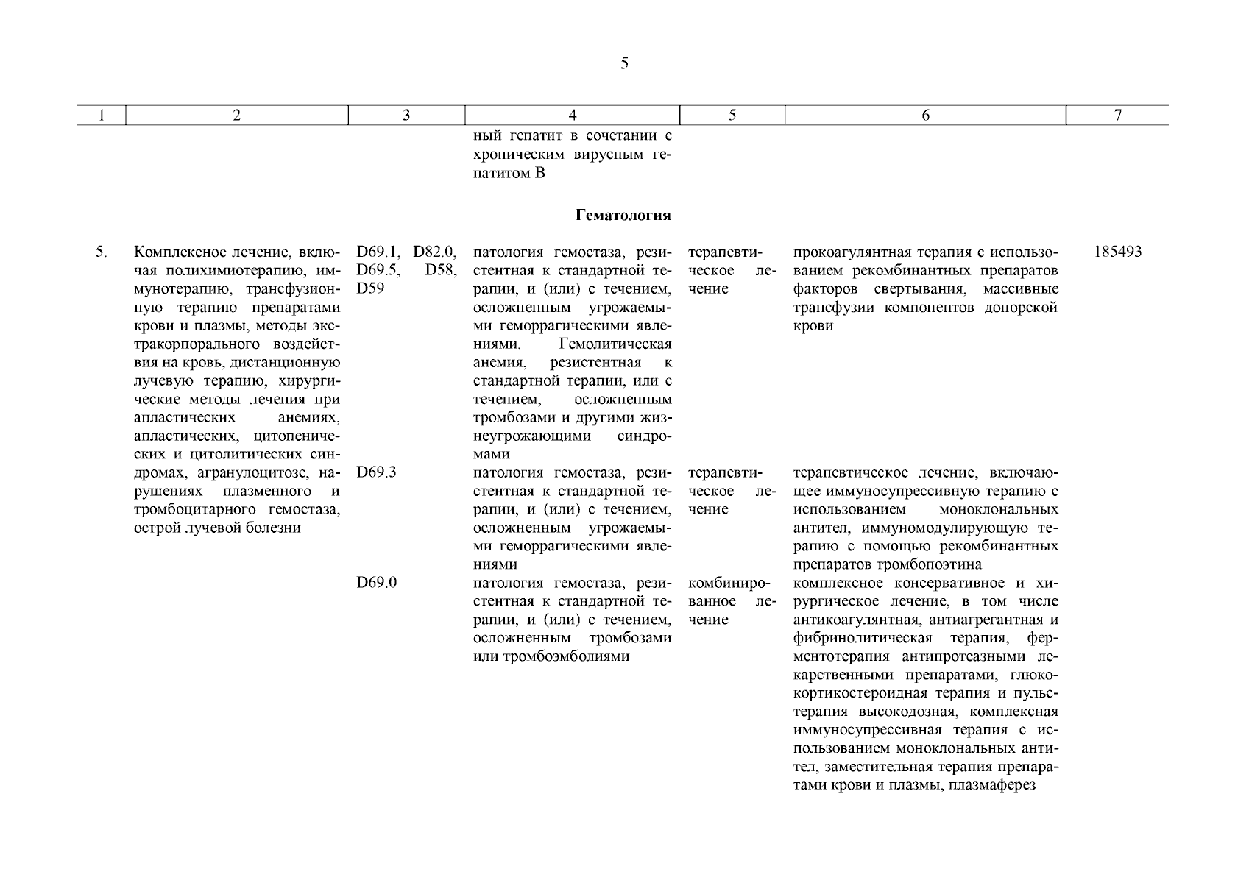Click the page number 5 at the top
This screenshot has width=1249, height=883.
point(624,63)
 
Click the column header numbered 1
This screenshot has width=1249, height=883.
point(102,115)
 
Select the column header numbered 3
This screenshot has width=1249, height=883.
point(406,115)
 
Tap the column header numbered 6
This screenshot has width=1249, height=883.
point(925,115)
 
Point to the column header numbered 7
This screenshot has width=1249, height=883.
point(1117,115)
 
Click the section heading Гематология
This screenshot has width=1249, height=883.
point(623,216)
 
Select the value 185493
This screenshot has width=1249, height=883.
point(1117,252)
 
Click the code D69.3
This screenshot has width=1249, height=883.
point(377,472)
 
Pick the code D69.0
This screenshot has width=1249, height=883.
point(377,583)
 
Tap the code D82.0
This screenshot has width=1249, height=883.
point(435,252)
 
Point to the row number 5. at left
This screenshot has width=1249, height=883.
point(102,252)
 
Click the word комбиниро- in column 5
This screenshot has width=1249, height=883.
point(728,583)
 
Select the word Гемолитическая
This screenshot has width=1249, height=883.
point(615,344)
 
